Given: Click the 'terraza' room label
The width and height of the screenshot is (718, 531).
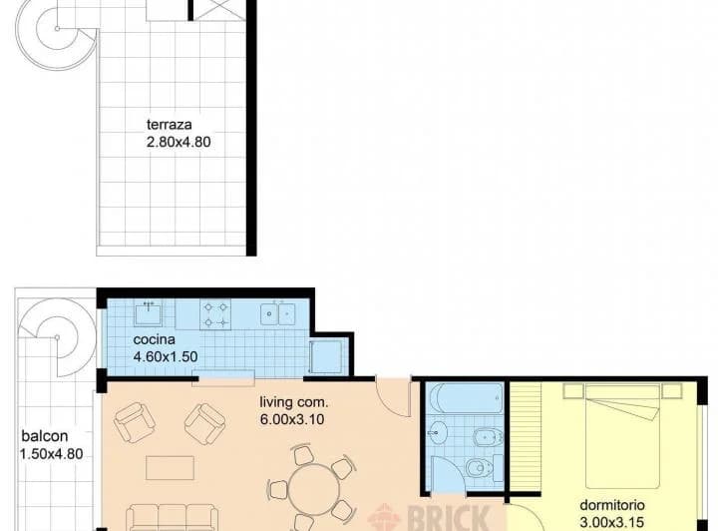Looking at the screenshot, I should [x=169, y=125].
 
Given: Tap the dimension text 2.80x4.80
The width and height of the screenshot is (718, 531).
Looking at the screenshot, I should [x=179, y=142].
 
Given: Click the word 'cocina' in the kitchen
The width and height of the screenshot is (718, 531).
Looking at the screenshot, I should [x=154, y=339].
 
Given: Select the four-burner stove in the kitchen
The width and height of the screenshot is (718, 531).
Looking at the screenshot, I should [x=216, y=314].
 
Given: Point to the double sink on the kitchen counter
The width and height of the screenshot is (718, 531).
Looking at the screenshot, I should [x=277, y=314].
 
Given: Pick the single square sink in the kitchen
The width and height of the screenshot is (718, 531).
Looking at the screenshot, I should [x=150, y=313].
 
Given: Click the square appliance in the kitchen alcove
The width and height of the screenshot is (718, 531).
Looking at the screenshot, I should [x=326, y=356].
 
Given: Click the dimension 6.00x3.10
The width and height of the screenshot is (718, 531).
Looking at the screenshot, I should [x=293, y=419].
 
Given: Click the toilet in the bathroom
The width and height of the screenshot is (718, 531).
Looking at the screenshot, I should [x=481, y=467].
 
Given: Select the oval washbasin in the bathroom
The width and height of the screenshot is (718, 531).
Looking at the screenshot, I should [x=437, y=433].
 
